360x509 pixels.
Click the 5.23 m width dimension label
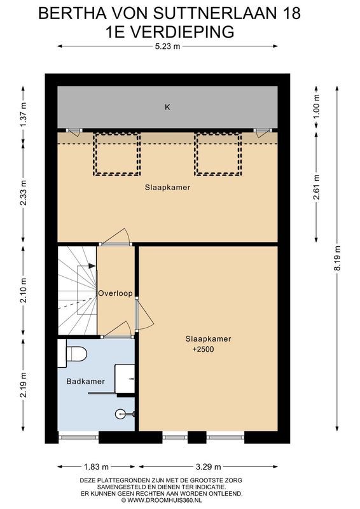[167, 46]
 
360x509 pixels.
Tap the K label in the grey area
[167, 107]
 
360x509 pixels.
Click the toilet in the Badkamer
[76, 354]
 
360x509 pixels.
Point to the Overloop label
[115, 293]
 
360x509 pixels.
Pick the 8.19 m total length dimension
[337, 259]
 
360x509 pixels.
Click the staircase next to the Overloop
[76, 289]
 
